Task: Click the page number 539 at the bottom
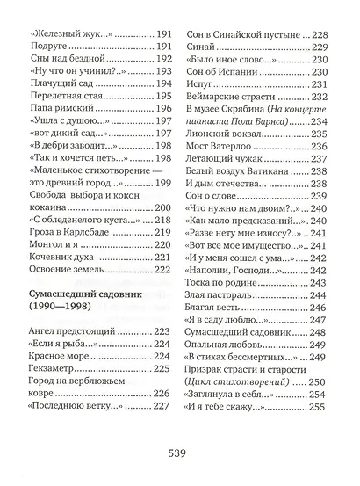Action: (x=180, y=453)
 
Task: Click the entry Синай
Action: (x=204, y=52)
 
